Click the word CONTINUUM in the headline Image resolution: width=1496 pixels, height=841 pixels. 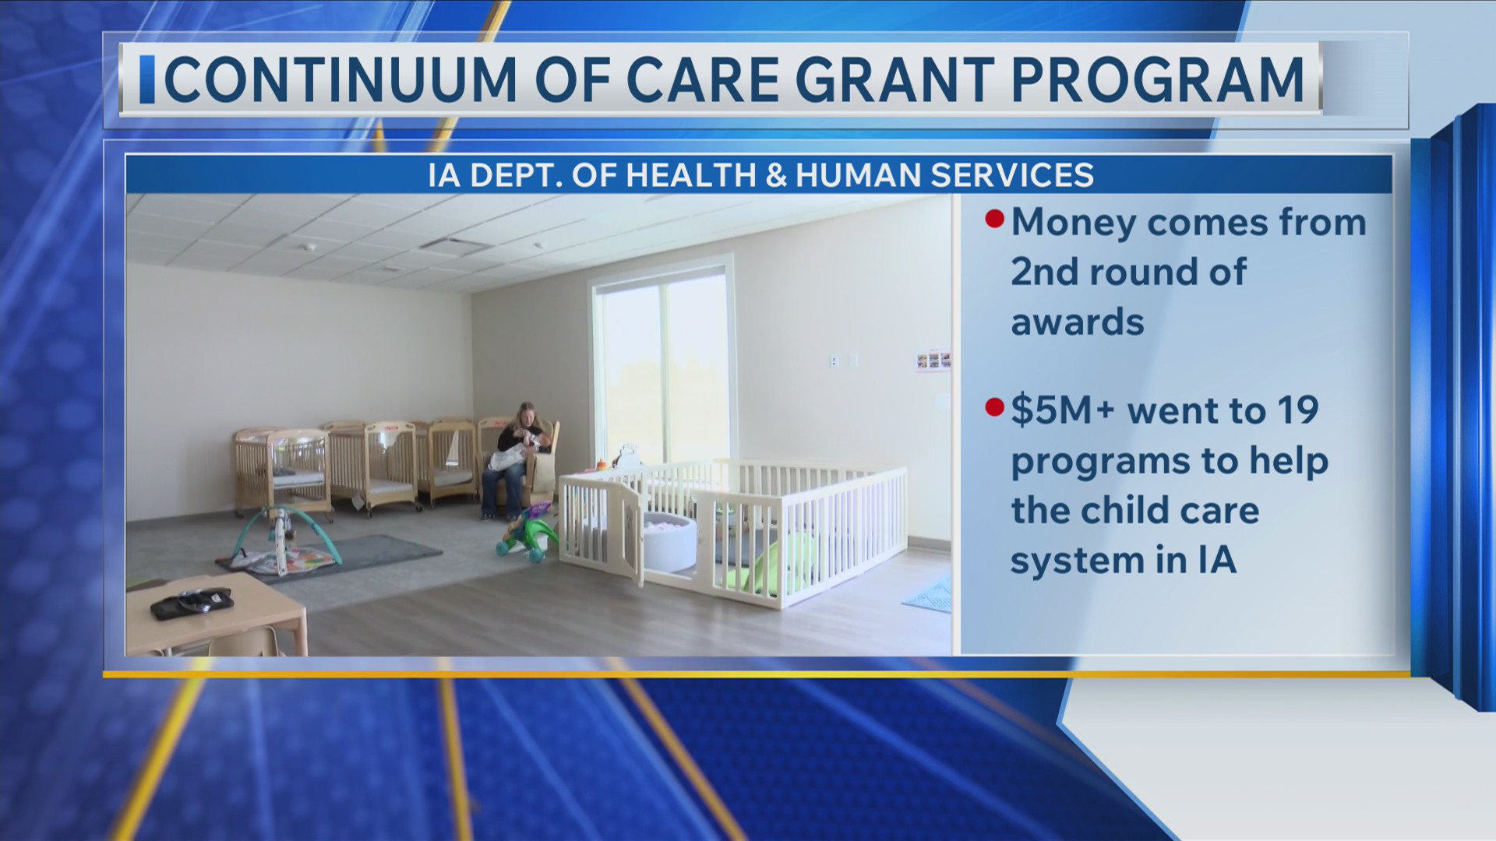tap(340, 79)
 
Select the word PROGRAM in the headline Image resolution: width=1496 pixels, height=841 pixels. tap(1158, 79)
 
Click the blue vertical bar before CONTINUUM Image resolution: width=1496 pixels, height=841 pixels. tap(146, 79)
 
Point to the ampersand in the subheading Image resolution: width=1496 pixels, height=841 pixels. tap(776, 175)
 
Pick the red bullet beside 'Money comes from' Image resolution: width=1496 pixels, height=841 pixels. tap(994, 219)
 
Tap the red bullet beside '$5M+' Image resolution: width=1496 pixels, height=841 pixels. tap(994, 407)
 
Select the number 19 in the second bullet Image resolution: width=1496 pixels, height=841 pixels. tap(1297, 410)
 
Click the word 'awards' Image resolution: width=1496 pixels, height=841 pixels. tap(1078, 322)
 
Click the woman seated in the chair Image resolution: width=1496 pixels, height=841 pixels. tap(517, 460)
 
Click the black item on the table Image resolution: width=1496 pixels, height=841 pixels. tap(192, 603)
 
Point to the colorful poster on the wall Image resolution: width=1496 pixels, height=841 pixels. tap(933, 361)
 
